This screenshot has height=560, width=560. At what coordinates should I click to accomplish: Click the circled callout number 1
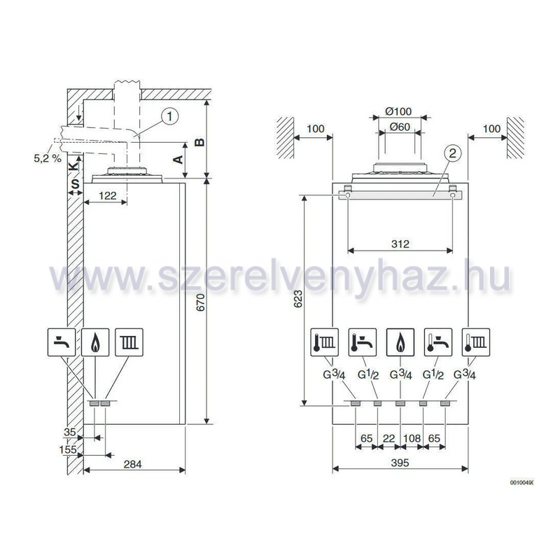pyautogui.click(x=169, y=116)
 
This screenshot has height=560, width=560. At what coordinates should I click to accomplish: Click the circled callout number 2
pyautogui.click(x=452, y=153)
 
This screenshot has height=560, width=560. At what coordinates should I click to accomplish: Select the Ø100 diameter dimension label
pyautogui.click(x=398, y=111)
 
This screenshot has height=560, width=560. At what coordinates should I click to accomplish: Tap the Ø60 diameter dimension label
pyautogui.click(x=400, y=127)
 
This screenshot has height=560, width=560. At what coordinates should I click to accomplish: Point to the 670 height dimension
pyautogui.click(x=201, y=302)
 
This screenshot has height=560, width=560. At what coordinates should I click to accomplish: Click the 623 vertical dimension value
pyautogui.click(x=297, y=299)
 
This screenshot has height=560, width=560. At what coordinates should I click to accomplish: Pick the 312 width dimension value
pyautogui.click(x=400, y=244)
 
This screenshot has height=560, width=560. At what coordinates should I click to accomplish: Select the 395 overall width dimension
pyautogui.click(x=400, y=463)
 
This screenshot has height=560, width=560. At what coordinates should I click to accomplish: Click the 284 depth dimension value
pyautogui.click(x=132, y=464)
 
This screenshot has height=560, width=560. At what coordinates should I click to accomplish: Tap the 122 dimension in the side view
pyautogui.click(x=108, y=196)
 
